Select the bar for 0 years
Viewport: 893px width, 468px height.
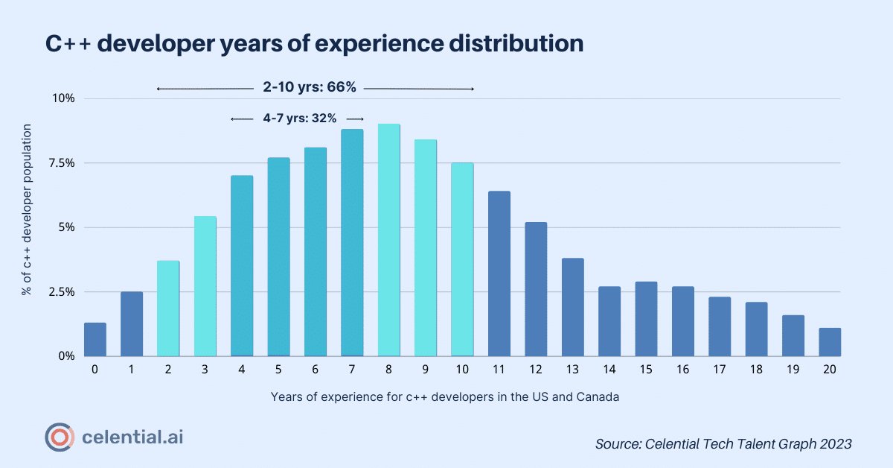click(x=95, y=339)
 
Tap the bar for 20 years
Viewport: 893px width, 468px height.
click(x=830, y=342)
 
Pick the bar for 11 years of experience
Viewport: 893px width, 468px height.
click(x=499, y=273)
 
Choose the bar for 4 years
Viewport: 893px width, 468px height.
click(x=242, y=266)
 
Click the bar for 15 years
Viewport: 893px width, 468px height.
click(x=646, y=319)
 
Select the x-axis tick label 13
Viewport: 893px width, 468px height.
click(x=572, y=370)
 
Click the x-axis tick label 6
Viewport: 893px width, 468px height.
click(x=316, y=370)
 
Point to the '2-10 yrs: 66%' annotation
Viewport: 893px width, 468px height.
click(x=310, y=88)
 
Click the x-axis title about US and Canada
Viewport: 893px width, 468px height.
click(x=445, y=397)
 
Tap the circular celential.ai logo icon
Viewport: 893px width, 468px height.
click(x=59, y=437)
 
